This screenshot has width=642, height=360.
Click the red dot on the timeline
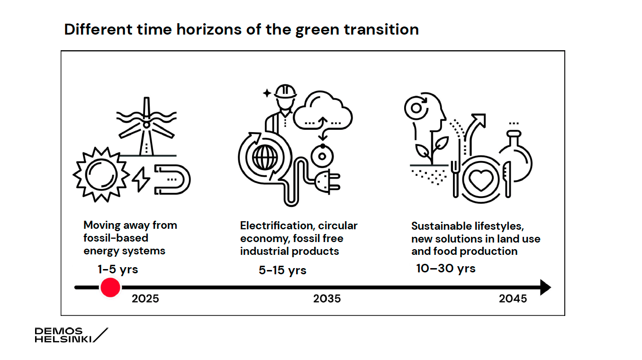[110, 287]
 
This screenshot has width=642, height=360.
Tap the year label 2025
[145, 299]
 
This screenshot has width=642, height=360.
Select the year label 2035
[327, 299]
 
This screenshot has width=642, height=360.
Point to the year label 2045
[513, 299]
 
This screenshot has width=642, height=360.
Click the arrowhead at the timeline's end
[545, 287]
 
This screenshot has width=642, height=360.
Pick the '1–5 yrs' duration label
[118, 270]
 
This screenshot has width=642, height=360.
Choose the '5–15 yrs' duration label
[282, 270]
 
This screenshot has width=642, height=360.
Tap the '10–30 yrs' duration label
[446, 269]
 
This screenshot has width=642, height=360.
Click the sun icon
[101, 175]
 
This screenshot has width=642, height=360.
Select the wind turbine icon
[146, 127]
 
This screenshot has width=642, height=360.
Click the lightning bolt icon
[141, 179]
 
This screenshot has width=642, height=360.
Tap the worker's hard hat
[285, 92]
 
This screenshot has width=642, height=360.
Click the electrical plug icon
[327, 182]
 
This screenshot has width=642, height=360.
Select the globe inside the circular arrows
[265, 158]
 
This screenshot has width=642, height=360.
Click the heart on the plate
[481, 180]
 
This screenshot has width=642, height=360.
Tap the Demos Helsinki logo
[72, 335]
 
